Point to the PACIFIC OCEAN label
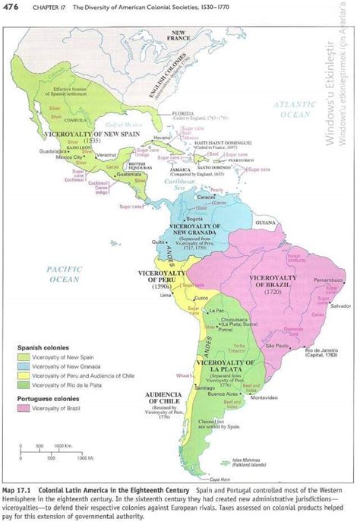pos(64,274)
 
